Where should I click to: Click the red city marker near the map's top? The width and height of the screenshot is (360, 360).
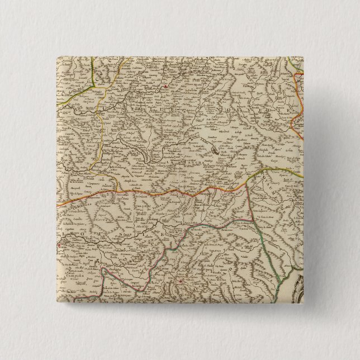pos(166,86)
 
